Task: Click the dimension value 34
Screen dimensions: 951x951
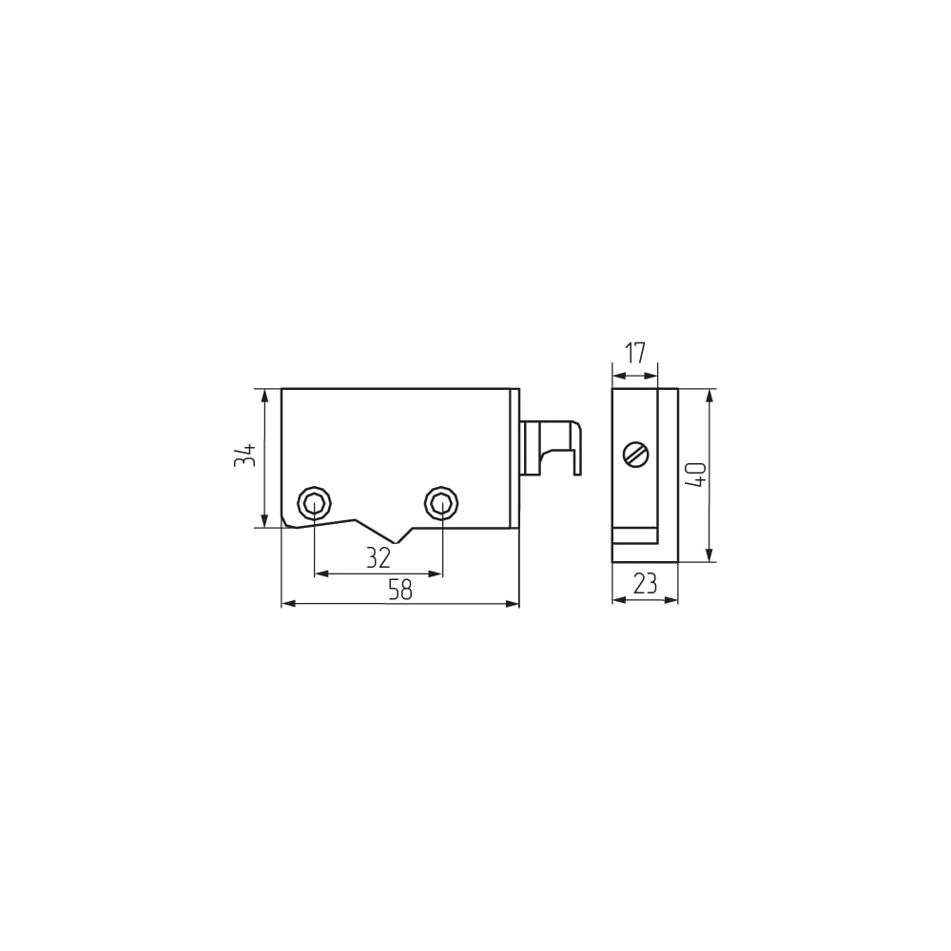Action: (245, 456)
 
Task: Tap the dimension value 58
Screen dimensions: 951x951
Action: (400, 590)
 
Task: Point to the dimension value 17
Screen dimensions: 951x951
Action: (635, 353)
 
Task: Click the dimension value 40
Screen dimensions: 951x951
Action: (696, 475)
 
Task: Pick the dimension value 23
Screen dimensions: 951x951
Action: (645, 584)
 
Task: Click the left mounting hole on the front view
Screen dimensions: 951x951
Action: (314, 503)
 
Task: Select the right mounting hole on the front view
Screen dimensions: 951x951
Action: (441, 503)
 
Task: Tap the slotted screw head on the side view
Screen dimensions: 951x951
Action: (636, 455)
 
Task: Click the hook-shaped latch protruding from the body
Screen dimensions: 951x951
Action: (551, 448)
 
